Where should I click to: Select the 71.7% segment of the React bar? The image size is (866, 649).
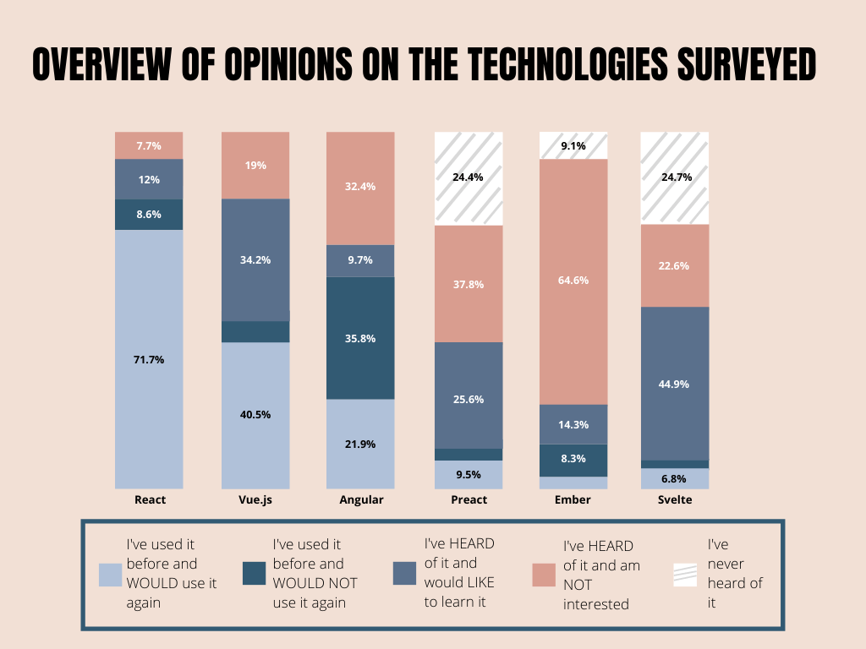[x=149, y=360]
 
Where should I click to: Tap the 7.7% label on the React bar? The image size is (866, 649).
[x=149, y=145]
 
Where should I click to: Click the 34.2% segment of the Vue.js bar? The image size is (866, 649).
[x=255, y=260]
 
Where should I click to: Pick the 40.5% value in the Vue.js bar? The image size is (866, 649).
[x=255, y=415]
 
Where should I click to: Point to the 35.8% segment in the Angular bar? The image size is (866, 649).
[x=361, y=338]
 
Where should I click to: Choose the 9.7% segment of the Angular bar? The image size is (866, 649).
[x=361, y=260]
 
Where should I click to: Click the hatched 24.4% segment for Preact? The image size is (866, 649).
[x=469, y=178]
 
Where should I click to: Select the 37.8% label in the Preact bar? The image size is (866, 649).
[x=469, y=284]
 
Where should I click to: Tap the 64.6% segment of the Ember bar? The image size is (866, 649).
[x=573, y=281]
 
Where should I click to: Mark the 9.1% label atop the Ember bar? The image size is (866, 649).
[x=573, y=145]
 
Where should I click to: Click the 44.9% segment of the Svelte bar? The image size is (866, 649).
[x=675, y=384]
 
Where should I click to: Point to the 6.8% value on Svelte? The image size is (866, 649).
[x=675, y=478]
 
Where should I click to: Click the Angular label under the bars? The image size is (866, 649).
[x=361, y=499]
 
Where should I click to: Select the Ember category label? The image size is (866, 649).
[x=573, y=499]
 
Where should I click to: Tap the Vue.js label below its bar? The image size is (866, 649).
[x=255, y=499]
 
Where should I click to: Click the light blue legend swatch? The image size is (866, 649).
[x=111, y=575]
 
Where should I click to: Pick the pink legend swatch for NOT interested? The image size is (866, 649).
[x=544, y=575]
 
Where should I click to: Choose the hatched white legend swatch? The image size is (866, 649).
[x=686, y=575]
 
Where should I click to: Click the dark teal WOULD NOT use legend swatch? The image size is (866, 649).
[x=254, y=575]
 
